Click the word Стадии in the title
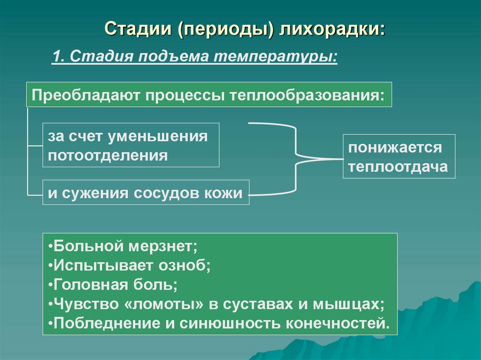click(x=137, y=29)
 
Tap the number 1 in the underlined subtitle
click(x=56, y=58)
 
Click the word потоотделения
click(x=108, y=155)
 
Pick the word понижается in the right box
click(x=395, y=148)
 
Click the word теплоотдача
click(x=398, y=167)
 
